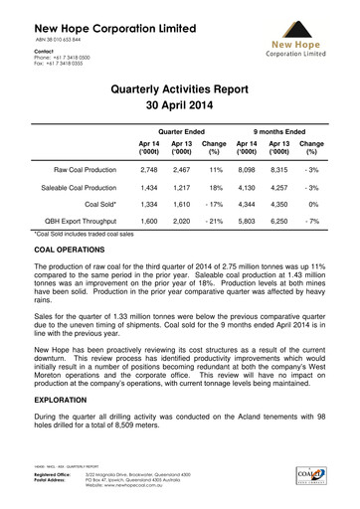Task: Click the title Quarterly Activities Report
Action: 180,88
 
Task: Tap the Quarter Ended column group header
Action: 181,130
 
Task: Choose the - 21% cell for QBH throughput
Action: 215,225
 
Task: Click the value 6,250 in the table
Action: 281,225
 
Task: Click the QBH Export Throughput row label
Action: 77,225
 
